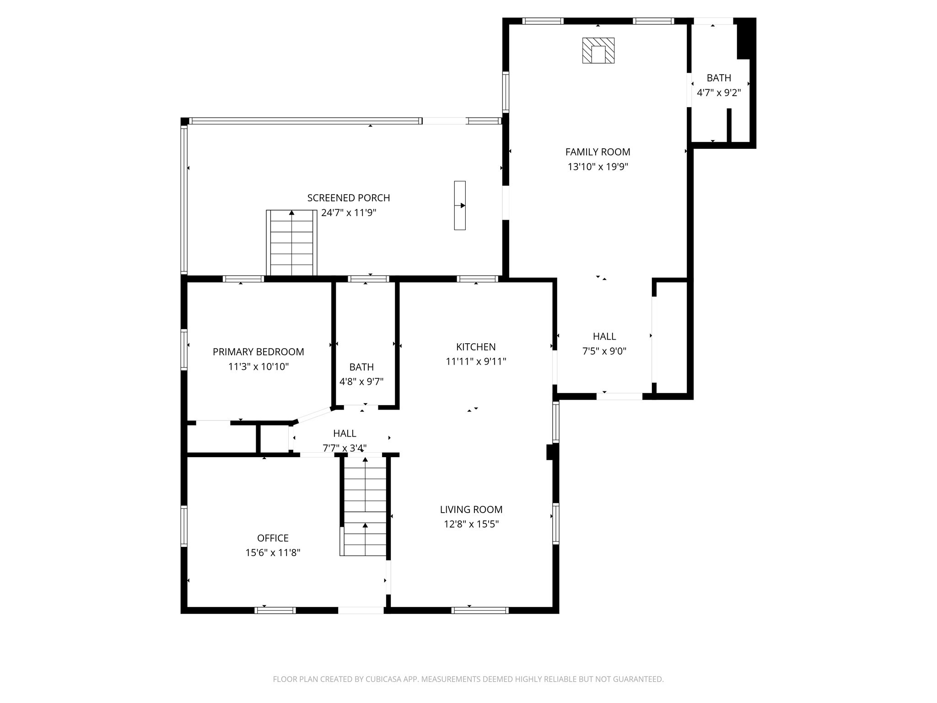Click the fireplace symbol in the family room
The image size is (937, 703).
pos(598,50)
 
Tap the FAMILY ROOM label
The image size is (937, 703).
pos(598,152)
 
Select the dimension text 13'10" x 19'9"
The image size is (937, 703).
pos(598,167)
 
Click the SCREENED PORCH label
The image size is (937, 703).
pos(349,198)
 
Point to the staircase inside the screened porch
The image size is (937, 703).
pos(291,243)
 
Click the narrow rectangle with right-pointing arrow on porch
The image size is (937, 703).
pos(460,205)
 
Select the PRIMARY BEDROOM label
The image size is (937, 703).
pos(258,352)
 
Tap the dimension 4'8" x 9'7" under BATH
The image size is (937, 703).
pos(361,382)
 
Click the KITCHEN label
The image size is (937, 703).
pos(476,347)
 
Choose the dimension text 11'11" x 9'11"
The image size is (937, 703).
pos(476,362)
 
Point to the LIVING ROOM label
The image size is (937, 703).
pos(471,509)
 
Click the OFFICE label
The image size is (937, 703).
pos(273,538)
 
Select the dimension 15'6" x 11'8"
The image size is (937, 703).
pos(273,553)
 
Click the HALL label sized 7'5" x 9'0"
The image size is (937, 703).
pos(604,336)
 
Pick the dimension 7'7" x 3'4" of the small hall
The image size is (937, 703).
pos(345,448)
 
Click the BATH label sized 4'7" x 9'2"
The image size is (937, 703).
pos(719,78)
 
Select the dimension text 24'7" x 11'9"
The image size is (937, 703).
pos(349,213)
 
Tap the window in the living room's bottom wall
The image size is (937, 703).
pos(479,610)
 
